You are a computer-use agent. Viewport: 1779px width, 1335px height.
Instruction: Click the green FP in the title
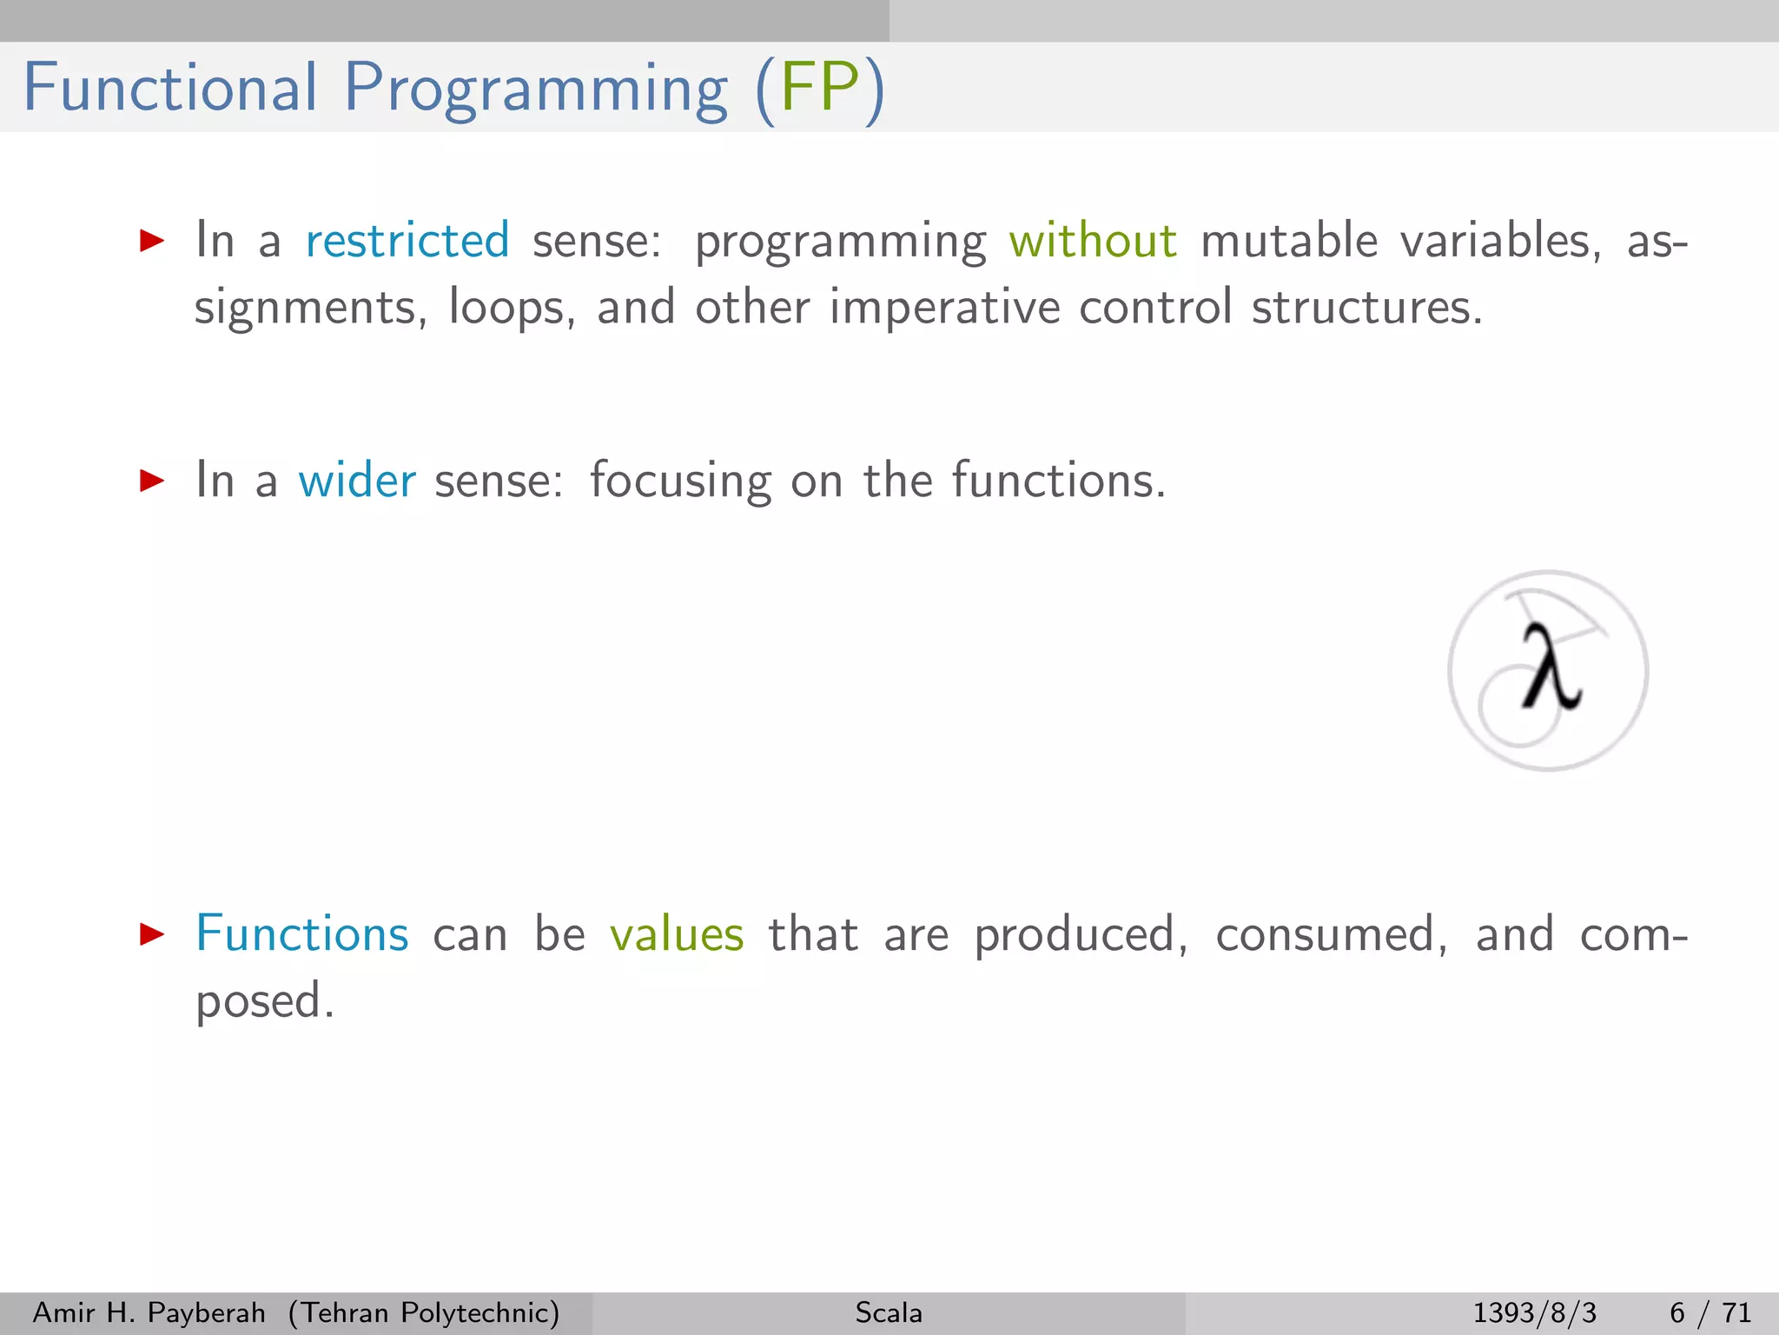coord(820,88)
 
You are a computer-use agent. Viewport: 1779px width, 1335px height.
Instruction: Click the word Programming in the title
coord(536,90)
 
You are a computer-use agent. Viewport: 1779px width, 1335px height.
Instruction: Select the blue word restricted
coord(407,241)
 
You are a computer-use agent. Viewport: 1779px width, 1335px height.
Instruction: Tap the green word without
coord(1093,241)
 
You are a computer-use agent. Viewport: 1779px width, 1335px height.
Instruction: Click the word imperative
coord(944,309)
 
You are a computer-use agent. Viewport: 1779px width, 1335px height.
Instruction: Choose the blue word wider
coord(357,481)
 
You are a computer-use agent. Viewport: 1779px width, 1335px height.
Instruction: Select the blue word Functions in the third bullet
coord(302,934)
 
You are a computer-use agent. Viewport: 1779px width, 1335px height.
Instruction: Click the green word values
coord(677,934)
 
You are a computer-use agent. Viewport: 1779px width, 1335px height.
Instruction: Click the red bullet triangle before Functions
coord(152,935)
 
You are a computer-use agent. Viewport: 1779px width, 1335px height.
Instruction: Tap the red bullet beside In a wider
coord(152,481)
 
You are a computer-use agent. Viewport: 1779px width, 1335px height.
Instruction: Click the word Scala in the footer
coord(889,1312)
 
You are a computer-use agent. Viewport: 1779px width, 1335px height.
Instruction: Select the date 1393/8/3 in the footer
coord(1534,1312)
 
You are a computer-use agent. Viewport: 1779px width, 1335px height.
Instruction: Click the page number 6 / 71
coord(1710,1312)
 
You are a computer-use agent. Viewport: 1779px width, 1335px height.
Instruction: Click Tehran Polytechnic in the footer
coord(424,1312)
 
